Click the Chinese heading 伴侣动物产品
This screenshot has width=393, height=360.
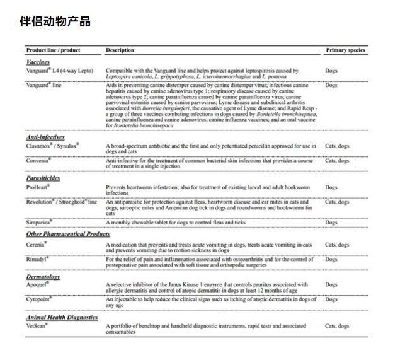55,22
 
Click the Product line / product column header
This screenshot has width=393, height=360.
53,50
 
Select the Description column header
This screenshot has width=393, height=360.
120,50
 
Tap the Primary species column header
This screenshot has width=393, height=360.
345,50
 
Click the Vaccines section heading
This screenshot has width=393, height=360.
38,62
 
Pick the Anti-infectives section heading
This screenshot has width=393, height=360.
46,137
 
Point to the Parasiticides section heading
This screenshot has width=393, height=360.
43,178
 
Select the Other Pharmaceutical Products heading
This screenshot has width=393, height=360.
68,234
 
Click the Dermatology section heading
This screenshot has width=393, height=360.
43,276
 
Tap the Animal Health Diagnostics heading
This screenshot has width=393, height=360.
62,317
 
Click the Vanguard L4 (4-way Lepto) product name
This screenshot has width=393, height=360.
59,71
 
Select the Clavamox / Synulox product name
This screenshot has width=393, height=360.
52,146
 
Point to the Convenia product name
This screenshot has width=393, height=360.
38,161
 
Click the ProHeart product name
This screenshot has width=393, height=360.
38,187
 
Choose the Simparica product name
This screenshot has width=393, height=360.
39,222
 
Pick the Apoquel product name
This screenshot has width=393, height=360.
37,284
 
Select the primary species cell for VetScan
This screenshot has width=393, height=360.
337,326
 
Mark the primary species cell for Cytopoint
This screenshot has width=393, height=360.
331,299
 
